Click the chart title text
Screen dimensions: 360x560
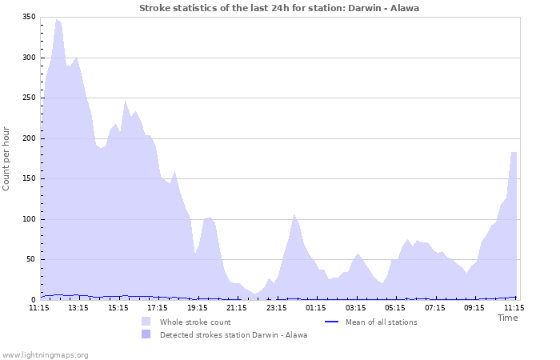[279, 8]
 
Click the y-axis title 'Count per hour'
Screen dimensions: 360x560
[7, 158]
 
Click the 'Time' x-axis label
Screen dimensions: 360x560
[507, 318]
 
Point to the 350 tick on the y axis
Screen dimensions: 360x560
[28, 17]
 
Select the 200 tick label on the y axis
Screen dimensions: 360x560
[28, 138]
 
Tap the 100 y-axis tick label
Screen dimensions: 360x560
[28, 219]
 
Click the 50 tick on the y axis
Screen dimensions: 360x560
[30, 259]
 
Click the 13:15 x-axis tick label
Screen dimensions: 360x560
[78, 307]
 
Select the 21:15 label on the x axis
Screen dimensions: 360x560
[237, 307]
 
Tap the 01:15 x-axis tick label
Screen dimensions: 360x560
[316, 307]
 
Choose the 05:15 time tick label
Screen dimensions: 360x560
[395, 307]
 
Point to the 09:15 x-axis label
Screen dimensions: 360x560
[474, 307]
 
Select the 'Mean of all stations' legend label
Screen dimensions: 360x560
[381, 322]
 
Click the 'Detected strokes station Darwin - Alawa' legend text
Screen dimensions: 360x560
[234, 335]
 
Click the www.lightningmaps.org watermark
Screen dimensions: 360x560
[45, 354]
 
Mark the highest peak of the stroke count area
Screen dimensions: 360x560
[56, 18]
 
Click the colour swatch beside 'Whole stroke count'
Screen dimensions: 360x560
[146, 322]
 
